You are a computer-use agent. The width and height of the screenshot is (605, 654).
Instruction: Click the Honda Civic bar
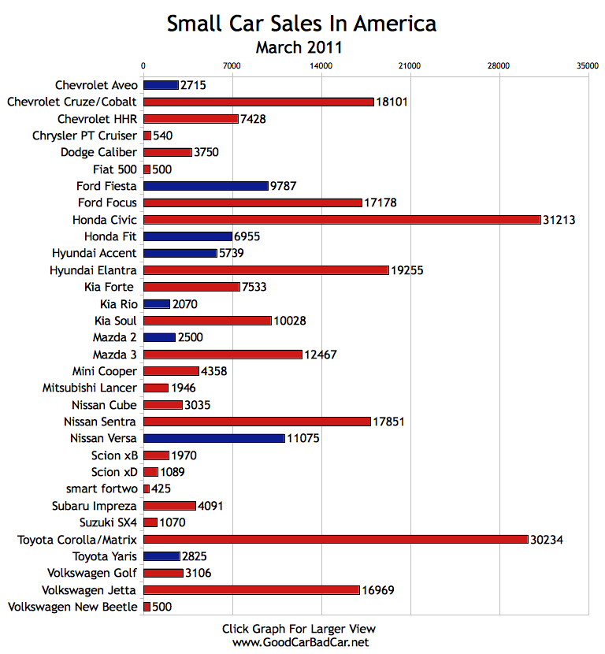(342, 219)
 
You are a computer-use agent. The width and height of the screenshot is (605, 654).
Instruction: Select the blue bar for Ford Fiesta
(206, 186)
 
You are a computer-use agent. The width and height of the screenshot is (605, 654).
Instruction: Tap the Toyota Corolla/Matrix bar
(336, 539)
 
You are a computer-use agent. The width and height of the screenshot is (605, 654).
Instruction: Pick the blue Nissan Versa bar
(214, 438)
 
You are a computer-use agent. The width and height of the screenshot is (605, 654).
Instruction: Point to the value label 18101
(392, 102)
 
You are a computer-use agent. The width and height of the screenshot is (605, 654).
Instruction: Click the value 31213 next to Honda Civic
(559, 220)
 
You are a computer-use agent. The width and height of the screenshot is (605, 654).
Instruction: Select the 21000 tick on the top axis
(410, 66)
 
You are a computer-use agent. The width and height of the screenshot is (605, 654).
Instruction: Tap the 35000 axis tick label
(587, 66)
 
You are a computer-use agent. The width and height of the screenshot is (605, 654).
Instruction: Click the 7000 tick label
(232, 66)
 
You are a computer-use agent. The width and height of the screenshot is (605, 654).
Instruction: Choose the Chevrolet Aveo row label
(96, 85)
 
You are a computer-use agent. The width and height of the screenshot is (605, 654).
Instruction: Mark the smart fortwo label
(102, 489)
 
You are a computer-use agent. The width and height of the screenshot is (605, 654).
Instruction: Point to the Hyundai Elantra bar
(266, 269)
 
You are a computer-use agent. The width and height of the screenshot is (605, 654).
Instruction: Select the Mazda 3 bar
(223, 354)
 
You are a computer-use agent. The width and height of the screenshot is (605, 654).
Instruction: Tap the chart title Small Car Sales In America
(301, 24)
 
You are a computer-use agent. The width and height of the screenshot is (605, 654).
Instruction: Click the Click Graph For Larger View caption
(299, 629)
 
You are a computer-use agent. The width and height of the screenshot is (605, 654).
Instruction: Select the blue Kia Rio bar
(157, 303)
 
